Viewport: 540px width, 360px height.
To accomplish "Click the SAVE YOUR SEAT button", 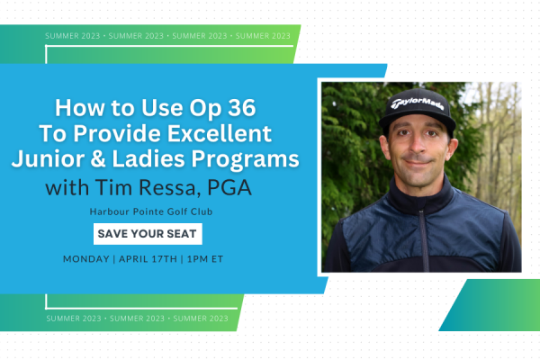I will click(148, 234).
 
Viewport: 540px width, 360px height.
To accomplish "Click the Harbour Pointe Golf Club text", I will click(148, 212).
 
